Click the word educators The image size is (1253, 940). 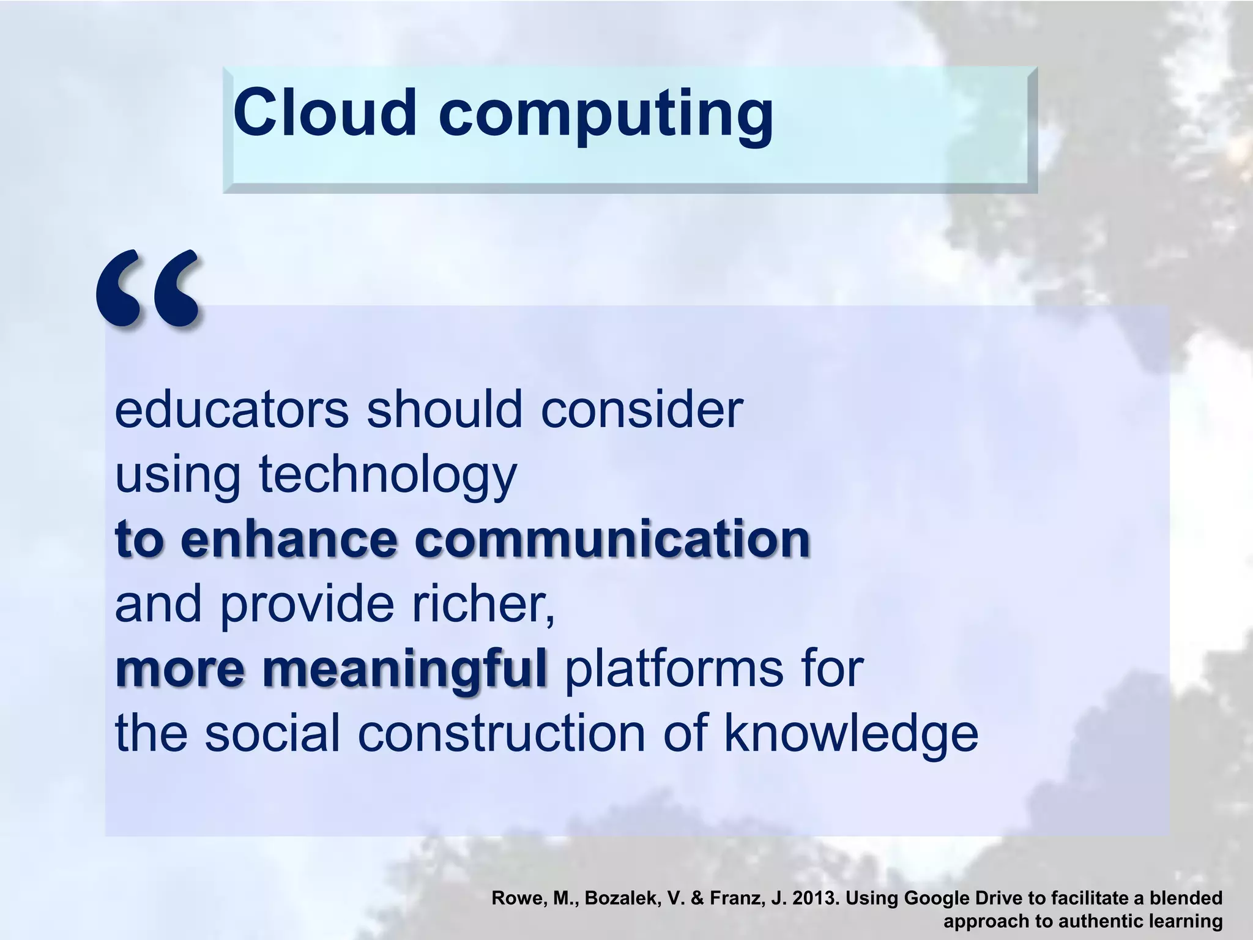[x=231, y=409]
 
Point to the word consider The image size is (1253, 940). [x=642, y=409]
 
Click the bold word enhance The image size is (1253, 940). [x=290, y=539]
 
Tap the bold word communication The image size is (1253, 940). [x=612, y=539]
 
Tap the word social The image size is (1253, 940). [x=272, y=734]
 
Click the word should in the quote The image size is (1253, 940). [x=445, y=409]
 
